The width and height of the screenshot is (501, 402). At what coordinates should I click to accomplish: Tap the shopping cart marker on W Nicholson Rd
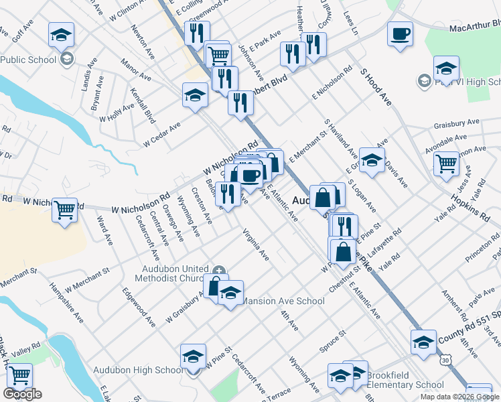pos(64,210)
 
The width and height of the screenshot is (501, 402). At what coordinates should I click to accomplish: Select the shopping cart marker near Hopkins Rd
pos(446,163)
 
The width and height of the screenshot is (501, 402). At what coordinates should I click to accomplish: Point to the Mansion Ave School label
pos(282,301)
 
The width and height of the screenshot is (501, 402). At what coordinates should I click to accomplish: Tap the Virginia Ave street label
pos(256,245)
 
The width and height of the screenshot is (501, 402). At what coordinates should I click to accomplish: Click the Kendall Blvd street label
pos(142,106)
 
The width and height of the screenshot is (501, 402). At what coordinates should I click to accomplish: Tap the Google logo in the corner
pos(22,394)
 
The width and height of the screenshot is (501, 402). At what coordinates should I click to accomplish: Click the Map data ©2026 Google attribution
pos(460,397)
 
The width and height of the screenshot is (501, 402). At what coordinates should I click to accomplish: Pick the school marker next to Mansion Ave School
pos(230,293)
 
